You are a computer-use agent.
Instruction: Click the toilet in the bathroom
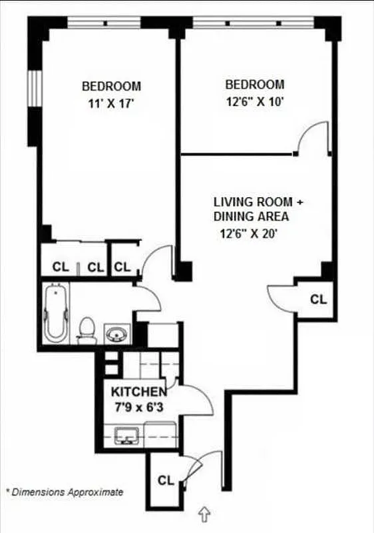tap(87, 329)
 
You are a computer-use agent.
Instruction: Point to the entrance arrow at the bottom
tap(205, 514)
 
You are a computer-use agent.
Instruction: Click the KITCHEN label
tap(138, 391)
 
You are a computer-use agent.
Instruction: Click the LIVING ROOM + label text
tap(262, 201)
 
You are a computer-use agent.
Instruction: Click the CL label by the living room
tap(319, 300)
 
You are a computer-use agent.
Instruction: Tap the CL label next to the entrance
tap(166, 480)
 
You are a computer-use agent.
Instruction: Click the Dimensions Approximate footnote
tap(65, 492)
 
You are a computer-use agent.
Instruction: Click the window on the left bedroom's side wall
tap(34, 93)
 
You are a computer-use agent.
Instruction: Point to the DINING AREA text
tap(251, 217)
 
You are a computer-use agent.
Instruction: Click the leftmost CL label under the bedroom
tap(61, 267)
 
